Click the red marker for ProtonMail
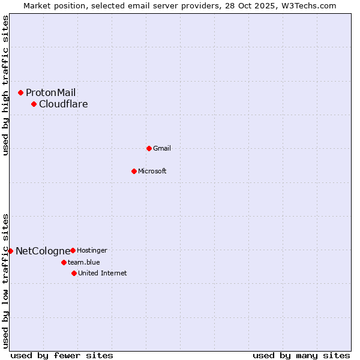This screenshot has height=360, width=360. click(20, 92)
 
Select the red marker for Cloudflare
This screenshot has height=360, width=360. click(34, 104)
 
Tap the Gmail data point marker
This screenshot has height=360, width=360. click(149, 148)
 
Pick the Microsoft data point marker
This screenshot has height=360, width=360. click(134, 171)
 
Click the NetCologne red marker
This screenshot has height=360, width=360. click(10, 251)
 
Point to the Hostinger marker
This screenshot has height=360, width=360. click(73, 250)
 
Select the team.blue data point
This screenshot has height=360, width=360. click(64, 262)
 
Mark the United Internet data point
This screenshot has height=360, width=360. click(74, 273)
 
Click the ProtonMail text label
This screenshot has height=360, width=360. click(50, 92)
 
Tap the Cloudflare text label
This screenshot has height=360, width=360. click(63, 104)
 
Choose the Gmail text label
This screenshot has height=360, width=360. click(162, 148)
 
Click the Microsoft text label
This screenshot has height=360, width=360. click(152, 171)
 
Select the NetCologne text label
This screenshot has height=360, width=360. click(43, 251)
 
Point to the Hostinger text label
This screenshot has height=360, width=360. click(92, 250)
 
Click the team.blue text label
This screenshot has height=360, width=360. click(83, 262)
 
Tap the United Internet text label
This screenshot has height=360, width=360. click(102, 273)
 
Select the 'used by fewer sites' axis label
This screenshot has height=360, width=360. click(62, 355)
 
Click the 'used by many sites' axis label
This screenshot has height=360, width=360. click(301, 355)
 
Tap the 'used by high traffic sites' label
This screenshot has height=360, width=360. click(5, 85)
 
